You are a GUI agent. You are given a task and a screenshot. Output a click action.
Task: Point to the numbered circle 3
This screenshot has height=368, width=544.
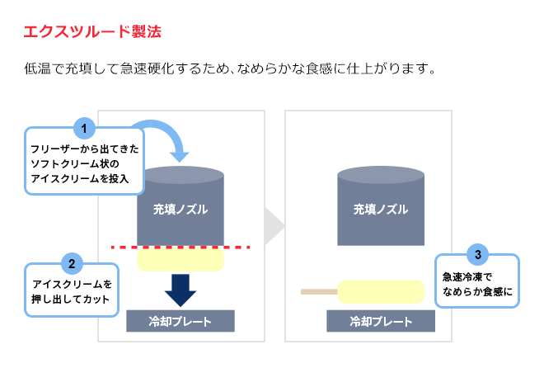[478, 253]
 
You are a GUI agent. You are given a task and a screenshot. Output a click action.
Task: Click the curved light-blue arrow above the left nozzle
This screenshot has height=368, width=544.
[169, 136]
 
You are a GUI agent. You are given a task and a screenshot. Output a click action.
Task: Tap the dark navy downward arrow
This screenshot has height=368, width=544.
[180, 289]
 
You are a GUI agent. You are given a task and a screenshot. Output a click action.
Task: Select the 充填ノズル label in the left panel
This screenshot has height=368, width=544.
[181, 210]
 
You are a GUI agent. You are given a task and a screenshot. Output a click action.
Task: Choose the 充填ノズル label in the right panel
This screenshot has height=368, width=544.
[381, 210]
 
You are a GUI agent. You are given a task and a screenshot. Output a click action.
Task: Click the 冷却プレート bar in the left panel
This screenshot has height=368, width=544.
[181, 321]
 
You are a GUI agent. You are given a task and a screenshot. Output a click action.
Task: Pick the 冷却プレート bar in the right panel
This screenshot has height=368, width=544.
[381, 321]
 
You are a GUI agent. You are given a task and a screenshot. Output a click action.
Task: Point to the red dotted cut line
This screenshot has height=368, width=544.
[180, 247]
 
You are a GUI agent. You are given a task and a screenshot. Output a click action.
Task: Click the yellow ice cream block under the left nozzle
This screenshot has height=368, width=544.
[181, 261]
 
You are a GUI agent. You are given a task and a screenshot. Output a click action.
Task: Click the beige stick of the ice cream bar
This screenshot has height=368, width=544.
[320, 292]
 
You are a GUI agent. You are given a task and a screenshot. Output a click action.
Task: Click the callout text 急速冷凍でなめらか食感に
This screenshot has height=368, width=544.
[477, 284]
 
